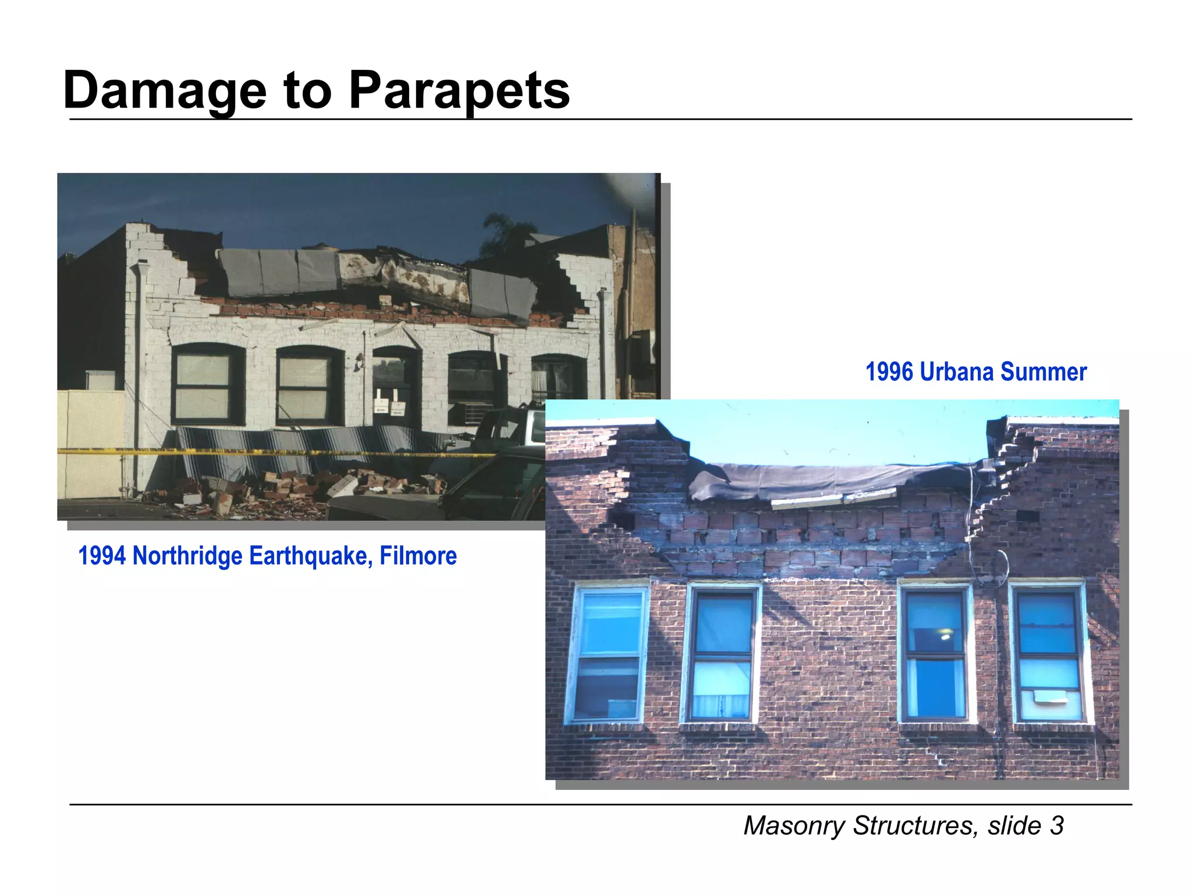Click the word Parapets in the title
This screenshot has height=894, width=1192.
(459, 90)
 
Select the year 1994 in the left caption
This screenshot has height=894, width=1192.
(102, 556)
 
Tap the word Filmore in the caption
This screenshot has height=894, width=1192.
(418, 556)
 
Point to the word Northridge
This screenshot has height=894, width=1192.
(187, 556)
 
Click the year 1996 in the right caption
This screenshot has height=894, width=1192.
(889, 372)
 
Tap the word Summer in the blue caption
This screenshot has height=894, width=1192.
(1044, 372)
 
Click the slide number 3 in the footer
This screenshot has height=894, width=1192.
(1057, 825)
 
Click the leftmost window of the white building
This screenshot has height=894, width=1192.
(207, 384)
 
